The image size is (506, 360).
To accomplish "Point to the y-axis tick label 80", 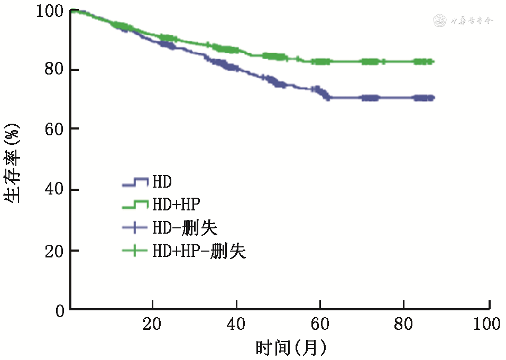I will [x=54, y=70].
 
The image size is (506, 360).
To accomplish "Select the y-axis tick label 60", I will [x=54, y=129].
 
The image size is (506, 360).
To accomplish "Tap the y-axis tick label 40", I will [x=54, y=190].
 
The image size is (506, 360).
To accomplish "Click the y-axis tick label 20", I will [x=54, y=251].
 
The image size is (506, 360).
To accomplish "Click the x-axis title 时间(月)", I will [x=291, y=348].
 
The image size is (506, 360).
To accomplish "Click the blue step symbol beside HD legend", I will [x=135, y=182].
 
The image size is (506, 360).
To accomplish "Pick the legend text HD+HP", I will [x=176, y=205].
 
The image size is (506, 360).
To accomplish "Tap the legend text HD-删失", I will [x=185, y=228].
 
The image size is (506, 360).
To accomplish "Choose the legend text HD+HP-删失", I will [x=199, y=251].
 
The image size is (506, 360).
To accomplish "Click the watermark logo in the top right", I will [x=463, y=21].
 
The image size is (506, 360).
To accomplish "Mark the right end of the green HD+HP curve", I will [x=433, y=62].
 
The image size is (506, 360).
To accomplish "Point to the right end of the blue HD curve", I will [x=433, y=98].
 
